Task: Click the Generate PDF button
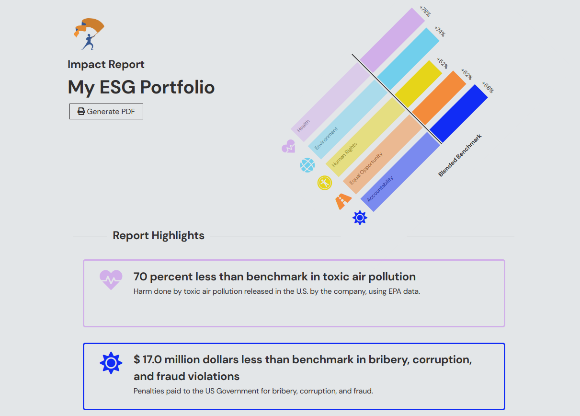(106, 111)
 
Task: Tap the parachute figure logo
(89, 34)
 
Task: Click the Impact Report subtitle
(106, 64)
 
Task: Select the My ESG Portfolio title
(141, 87)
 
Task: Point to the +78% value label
(425, 12)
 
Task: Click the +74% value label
(440, 31)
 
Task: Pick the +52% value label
(443, 63)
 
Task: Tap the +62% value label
(467, 74)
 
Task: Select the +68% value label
(488, 87)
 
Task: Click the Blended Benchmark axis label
(460, 155)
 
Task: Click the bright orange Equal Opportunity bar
(439, 98)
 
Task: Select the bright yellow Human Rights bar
(419, 84)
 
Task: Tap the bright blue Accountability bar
(459, 114)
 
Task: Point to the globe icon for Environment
(307, 165)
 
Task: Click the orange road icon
(343, 201)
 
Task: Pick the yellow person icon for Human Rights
(325, 183)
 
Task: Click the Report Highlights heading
(159, 235)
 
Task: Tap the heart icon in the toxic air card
(111, 280)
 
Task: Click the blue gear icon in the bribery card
(111, 363)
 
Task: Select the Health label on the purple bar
(303, 126)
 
